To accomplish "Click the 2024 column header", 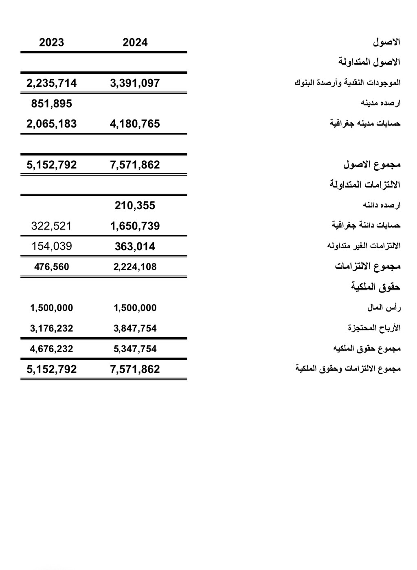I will tap(135, 42).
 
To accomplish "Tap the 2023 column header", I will tap(51, 42).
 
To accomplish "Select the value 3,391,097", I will tap(135, 83).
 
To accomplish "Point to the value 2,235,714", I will tap(51, 83).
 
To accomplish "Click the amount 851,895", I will tap(51, 104).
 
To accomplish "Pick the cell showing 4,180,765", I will tap(135, 124).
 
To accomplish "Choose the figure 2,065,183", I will tap(51, 124).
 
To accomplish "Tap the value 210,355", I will tap(135, 205).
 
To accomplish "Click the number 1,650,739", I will tap(135, 226).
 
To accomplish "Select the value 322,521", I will tap(51, 226).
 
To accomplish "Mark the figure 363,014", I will tap(135, 246).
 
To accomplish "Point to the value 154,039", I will tap(51, 246).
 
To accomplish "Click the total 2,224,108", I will tap(135, 267).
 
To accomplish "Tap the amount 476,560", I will tap(51, 267).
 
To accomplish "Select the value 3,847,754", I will tap(135, 328).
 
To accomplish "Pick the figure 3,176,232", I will tap(51, 328).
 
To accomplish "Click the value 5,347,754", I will tap(135, 349).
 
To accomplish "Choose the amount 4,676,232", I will tap(51, 349).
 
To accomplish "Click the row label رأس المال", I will tap(384, 307).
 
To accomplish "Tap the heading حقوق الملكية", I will tap(375, 287).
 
